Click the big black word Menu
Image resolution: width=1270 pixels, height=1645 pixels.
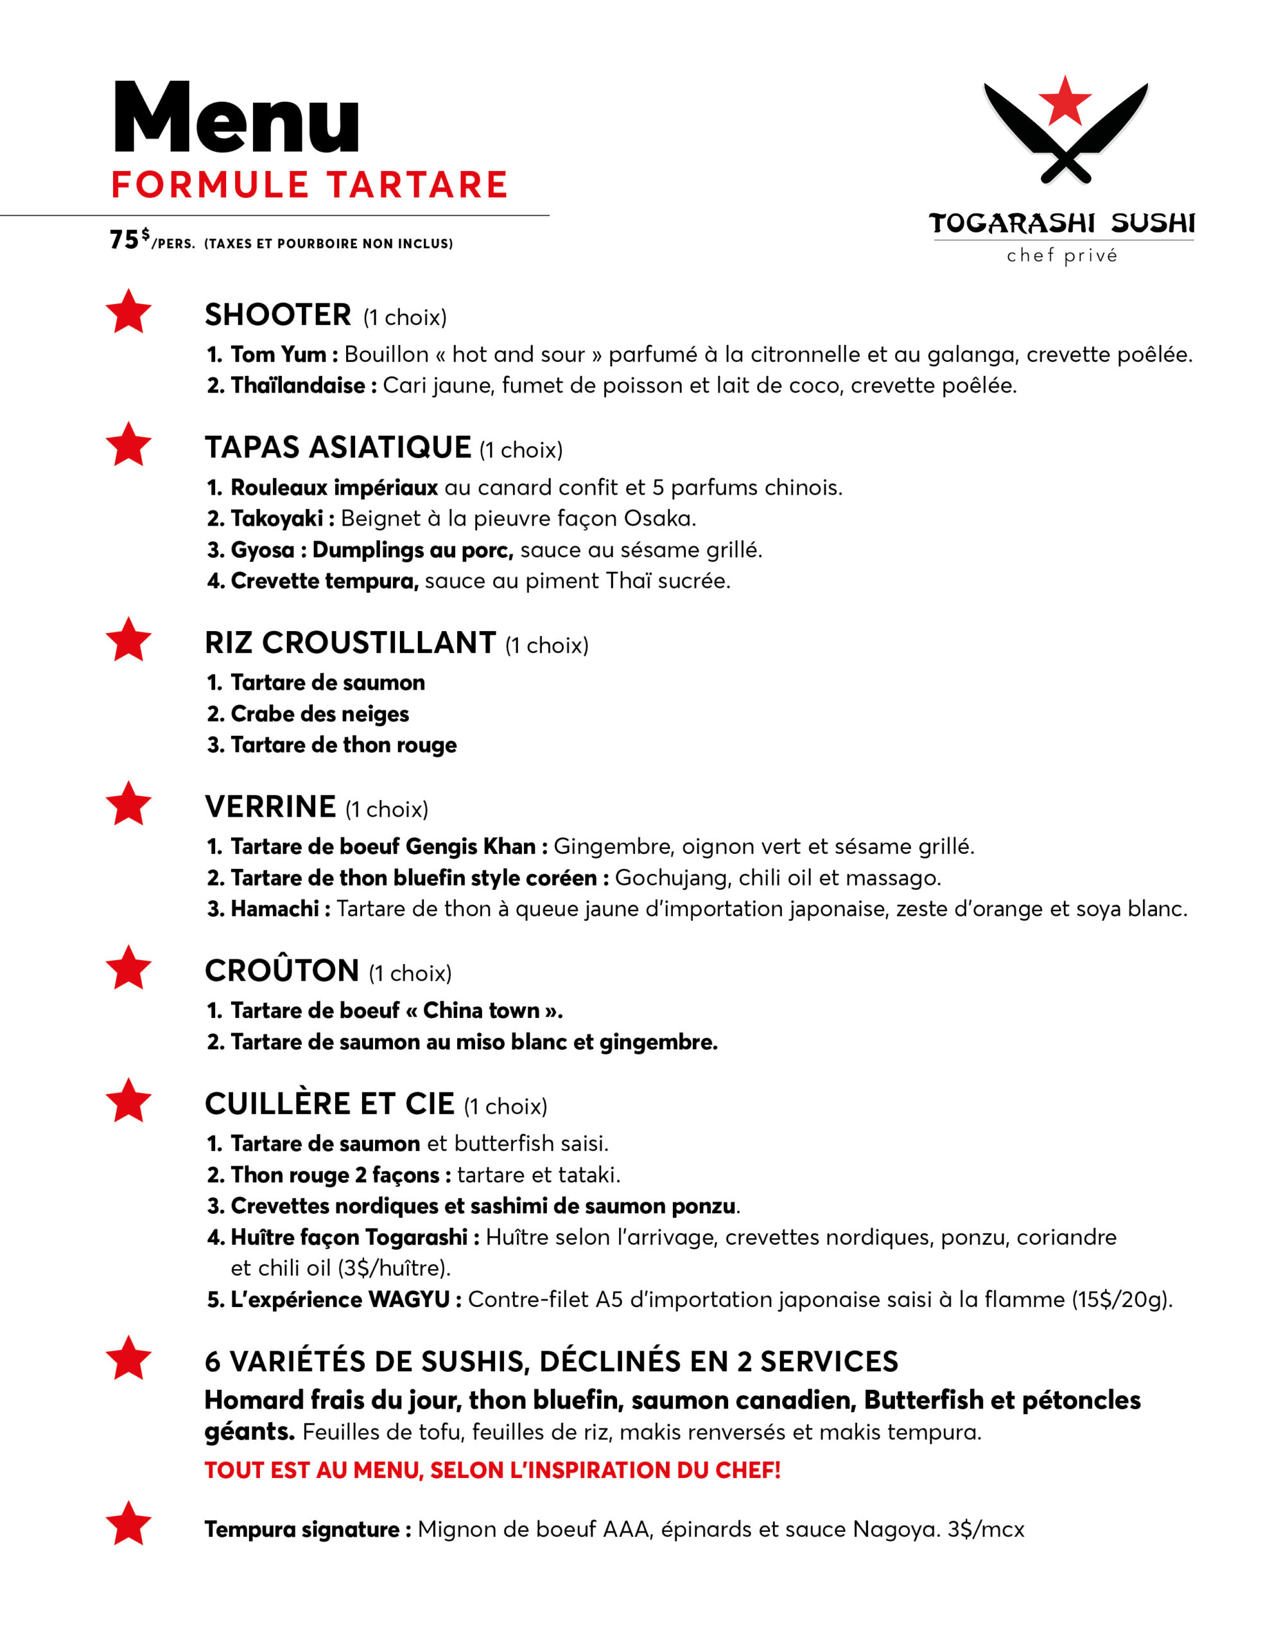point(236,118)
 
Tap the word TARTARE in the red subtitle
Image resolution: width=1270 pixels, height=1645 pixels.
point(417,185)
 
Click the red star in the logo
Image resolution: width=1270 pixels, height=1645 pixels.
point(1064,100)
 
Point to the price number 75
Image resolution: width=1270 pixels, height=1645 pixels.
point(124,240)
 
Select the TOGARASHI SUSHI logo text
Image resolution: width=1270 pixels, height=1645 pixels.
point(1061,223)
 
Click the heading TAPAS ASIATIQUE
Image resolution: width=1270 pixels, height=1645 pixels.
point(337,447)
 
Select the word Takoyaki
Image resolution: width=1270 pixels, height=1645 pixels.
point(276,518)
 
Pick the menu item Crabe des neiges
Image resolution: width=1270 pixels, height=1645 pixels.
point(319,713)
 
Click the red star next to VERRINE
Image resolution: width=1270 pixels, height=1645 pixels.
point(128,804)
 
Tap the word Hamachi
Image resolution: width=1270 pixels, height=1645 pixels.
point(274,909)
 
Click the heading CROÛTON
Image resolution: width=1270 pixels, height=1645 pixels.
point(282,971)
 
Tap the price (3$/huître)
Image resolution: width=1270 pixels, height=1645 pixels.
point(394,1268)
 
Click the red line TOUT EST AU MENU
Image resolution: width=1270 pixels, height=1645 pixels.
point(492,1470)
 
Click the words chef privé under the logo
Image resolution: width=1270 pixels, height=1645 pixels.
point(1061,256)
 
